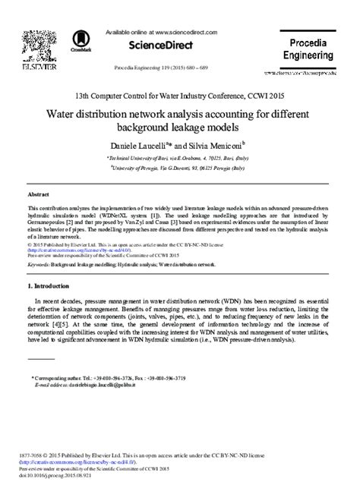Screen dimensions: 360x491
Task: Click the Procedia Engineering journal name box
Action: (306, 49)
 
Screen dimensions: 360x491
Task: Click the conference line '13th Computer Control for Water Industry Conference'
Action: (179, 98)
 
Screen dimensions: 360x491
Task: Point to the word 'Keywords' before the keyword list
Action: (38, 266)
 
